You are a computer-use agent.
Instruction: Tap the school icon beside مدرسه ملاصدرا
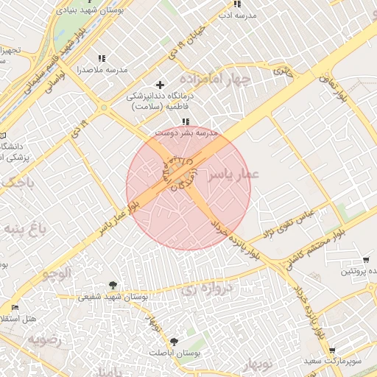coord(101,58)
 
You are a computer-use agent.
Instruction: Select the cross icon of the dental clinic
coord(160,85)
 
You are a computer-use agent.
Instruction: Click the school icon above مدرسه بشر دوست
coord(186,121)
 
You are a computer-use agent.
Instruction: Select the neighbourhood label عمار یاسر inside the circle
coord(233,175)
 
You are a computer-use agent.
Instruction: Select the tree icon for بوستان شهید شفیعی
coord(112,285)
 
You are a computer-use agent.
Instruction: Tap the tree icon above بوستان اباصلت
coord(175,342)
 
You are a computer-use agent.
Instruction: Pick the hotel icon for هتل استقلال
coord(15,307)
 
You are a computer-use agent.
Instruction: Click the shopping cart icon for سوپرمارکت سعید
coord(332,350)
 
